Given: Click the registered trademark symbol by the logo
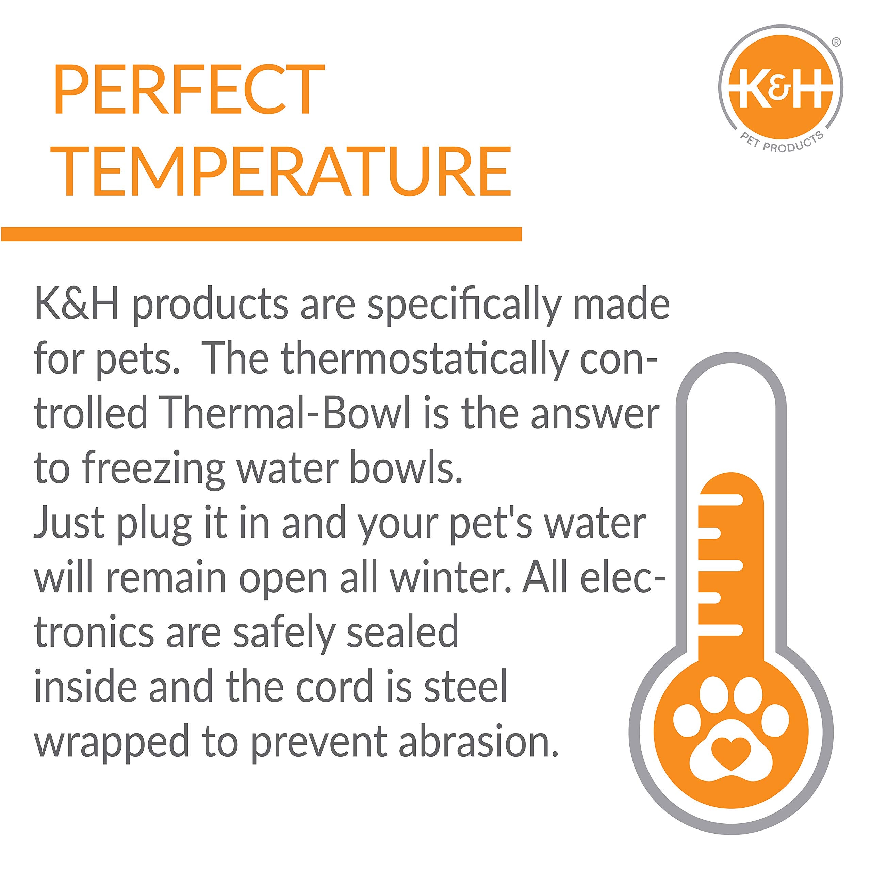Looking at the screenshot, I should pyautogui.click(x=835, y=43).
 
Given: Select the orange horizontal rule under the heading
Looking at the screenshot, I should pyautogui.click(x=262, y=234).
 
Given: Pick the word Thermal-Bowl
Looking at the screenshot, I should pyautogui.click(x=286, y=414).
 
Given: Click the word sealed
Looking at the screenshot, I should pyautogui.click(x=402, y=631).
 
